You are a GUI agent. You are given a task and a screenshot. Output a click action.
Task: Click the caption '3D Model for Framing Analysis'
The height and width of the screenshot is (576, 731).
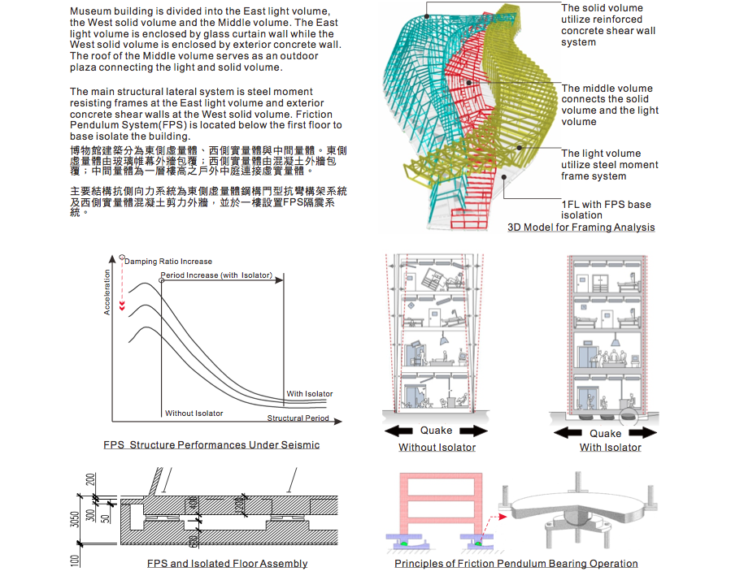581,227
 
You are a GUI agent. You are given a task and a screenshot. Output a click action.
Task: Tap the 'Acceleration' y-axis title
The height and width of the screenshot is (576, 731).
107,292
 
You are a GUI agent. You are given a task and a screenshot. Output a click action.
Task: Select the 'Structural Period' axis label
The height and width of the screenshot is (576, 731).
298,418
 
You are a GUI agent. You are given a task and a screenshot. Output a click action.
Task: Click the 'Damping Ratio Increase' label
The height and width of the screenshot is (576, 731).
168,262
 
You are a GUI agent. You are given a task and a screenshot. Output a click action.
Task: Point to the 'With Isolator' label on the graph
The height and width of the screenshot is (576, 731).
310,394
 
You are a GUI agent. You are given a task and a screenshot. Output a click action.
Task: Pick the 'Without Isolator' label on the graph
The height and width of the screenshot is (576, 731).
194,414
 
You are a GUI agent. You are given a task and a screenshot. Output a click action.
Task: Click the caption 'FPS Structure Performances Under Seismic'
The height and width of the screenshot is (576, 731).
211,445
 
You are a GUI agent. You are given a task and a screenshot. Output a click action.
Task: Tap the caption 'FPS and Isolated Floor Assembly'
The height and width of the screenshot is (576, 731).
227,563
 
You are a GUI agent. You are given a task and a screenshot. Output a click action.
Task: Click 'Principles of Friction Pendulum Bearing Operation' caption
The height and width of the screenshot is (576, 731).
516,563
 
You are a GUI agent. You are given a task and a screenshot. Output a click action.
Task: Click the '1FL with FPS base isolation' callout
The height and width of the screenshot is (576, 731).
606,210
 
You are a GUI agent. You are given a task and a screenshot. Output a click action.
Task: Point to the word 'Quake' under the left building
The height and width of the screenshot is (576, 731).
437,431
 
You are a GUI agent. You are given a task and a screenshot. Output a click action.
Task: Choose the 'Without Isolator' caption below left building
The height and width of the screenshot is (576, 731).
437,448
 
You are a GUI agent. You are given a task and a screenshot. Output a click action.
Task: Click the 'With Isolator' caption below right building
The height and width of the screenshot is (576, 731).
610,448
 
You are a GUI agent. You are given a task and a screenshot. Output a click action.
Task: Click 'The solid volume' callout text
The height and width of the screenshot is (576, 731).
602,8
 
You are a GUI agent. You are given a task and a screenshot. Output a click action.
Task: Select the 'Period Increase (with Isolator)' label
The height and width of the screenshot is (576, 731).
216,275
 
